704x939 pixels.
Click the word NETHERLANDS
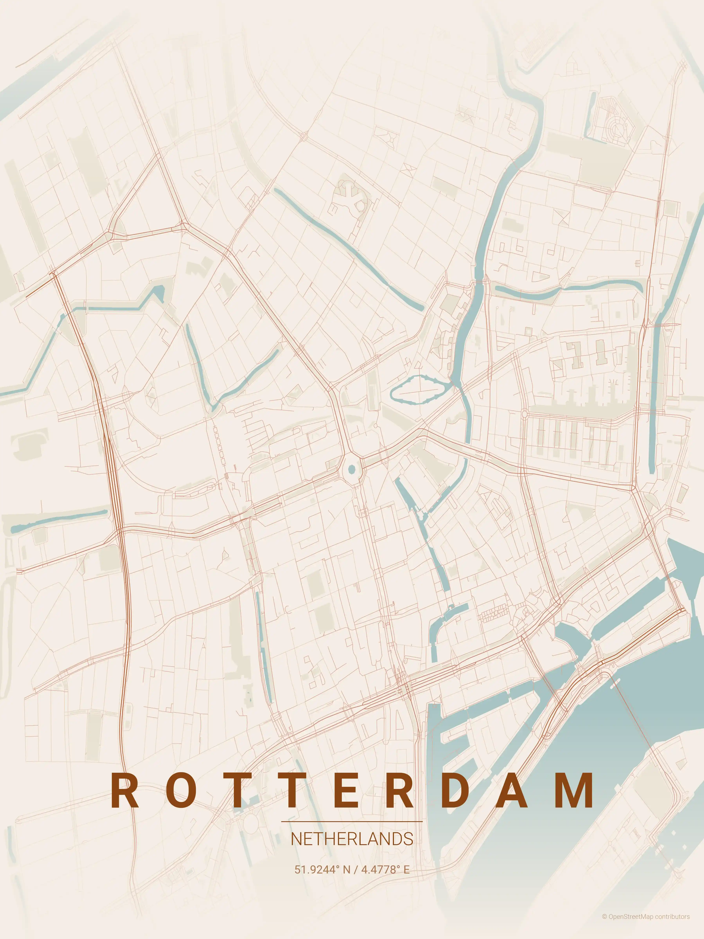point(352,839)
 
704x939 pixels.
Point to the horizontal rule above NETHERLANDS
point(352,821)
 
